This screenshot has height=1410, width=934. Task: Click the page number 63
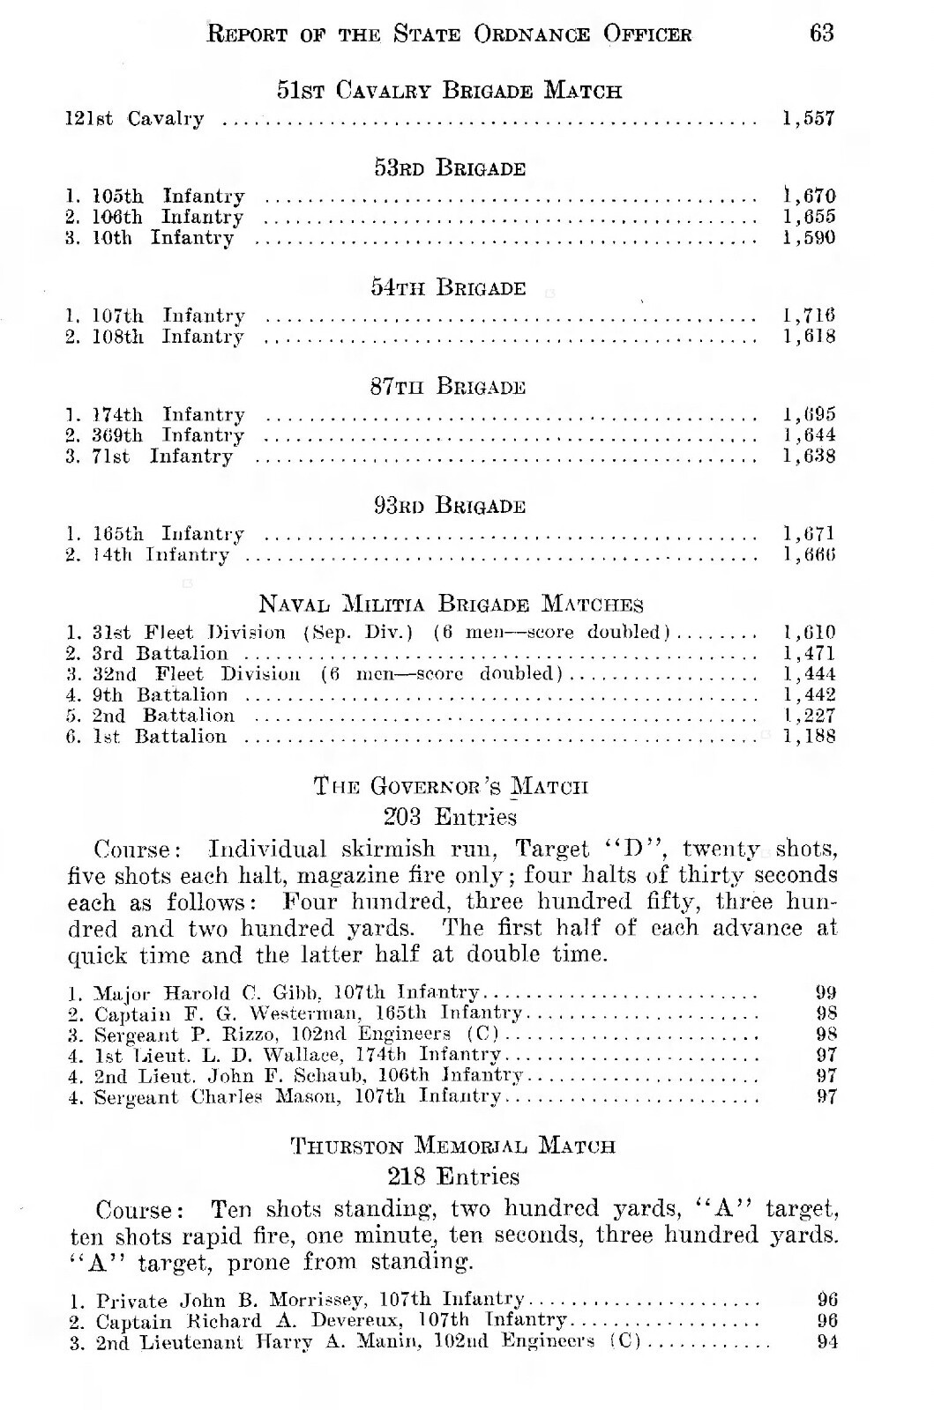click(821, 33)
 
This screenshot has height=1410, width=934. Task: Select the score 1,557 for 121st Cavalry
click(808, 118)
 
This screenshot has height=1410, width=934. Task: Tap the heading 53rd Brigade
click(450, 168)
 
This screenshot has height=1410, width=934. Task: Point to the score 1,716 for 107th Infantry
click(809, 315)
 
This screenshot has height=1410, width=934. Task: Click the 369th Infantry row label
click(168, 435)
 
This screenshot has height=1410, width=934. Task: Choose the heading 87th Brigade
click(448, 387)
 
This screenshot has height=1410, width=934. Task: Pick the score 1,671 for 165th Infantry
click(809, 534)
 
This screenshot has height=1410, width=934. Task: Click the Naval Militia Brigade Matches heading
click(451, 605)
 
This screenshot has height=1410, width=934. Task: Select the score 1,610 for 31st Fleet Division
click(809, 633)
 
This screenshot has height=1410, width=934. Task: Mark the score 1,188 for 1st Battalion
click(809, 737)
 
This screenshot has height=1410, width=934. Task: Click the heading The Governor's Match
click(451, 786)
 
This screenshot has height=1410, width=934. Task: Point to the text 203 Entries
click(451, 817)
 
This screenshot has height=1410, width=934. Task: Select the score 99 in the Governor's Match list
click(826, 992)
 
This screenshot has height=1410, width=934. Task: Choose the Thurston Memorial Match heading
click(452, 1147)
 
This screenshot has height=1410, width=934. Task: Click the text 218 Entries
click(453, 1176)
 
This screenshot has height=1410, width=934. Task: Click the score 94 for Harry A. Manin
click(827, 1342)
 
